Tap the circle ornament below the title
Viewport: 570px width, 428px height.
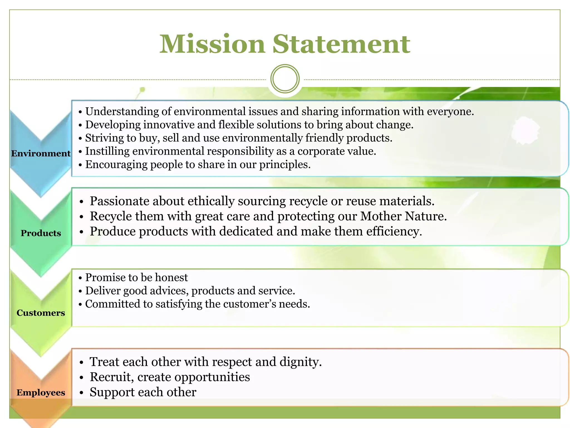coord(285,79)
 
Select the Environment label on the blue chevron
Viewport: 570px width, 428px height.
coord(41,153)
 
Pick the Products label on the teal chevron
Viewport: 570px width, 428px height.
coord(41,233)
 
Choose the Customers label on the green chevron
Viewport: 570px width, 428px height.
coord(41,313)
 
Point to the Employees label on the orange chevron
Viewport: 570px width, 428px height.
coord(41,392)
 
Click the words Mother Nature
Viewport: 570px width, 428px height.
coord(403,216)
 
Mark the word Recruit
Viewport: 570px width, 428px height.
coord(112,377)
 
